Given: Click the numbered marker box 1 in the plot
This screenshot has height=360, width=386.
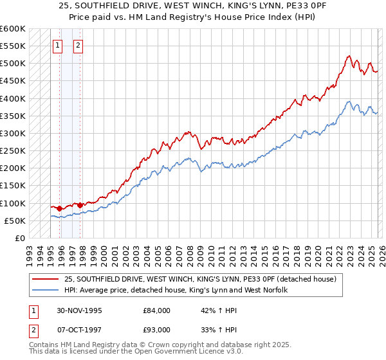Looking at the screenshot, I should click(x=58, y=46).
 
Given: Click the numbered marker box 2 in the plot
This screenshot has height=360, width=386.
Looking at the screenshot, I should click(x=78, y=46).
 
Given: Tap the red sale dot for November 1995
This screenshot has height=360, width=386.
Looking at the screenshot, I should click(x=60, y=208).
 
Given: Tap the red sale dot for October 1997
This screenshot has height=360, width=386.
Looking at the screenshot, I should click(x=80, y=205).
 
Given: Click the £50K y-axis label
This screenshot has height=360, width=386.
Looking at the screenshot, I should click(x=14, y=221).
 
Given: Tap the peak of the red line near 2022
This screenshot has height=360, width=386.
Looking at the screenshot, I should click(x=348, y=56).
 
